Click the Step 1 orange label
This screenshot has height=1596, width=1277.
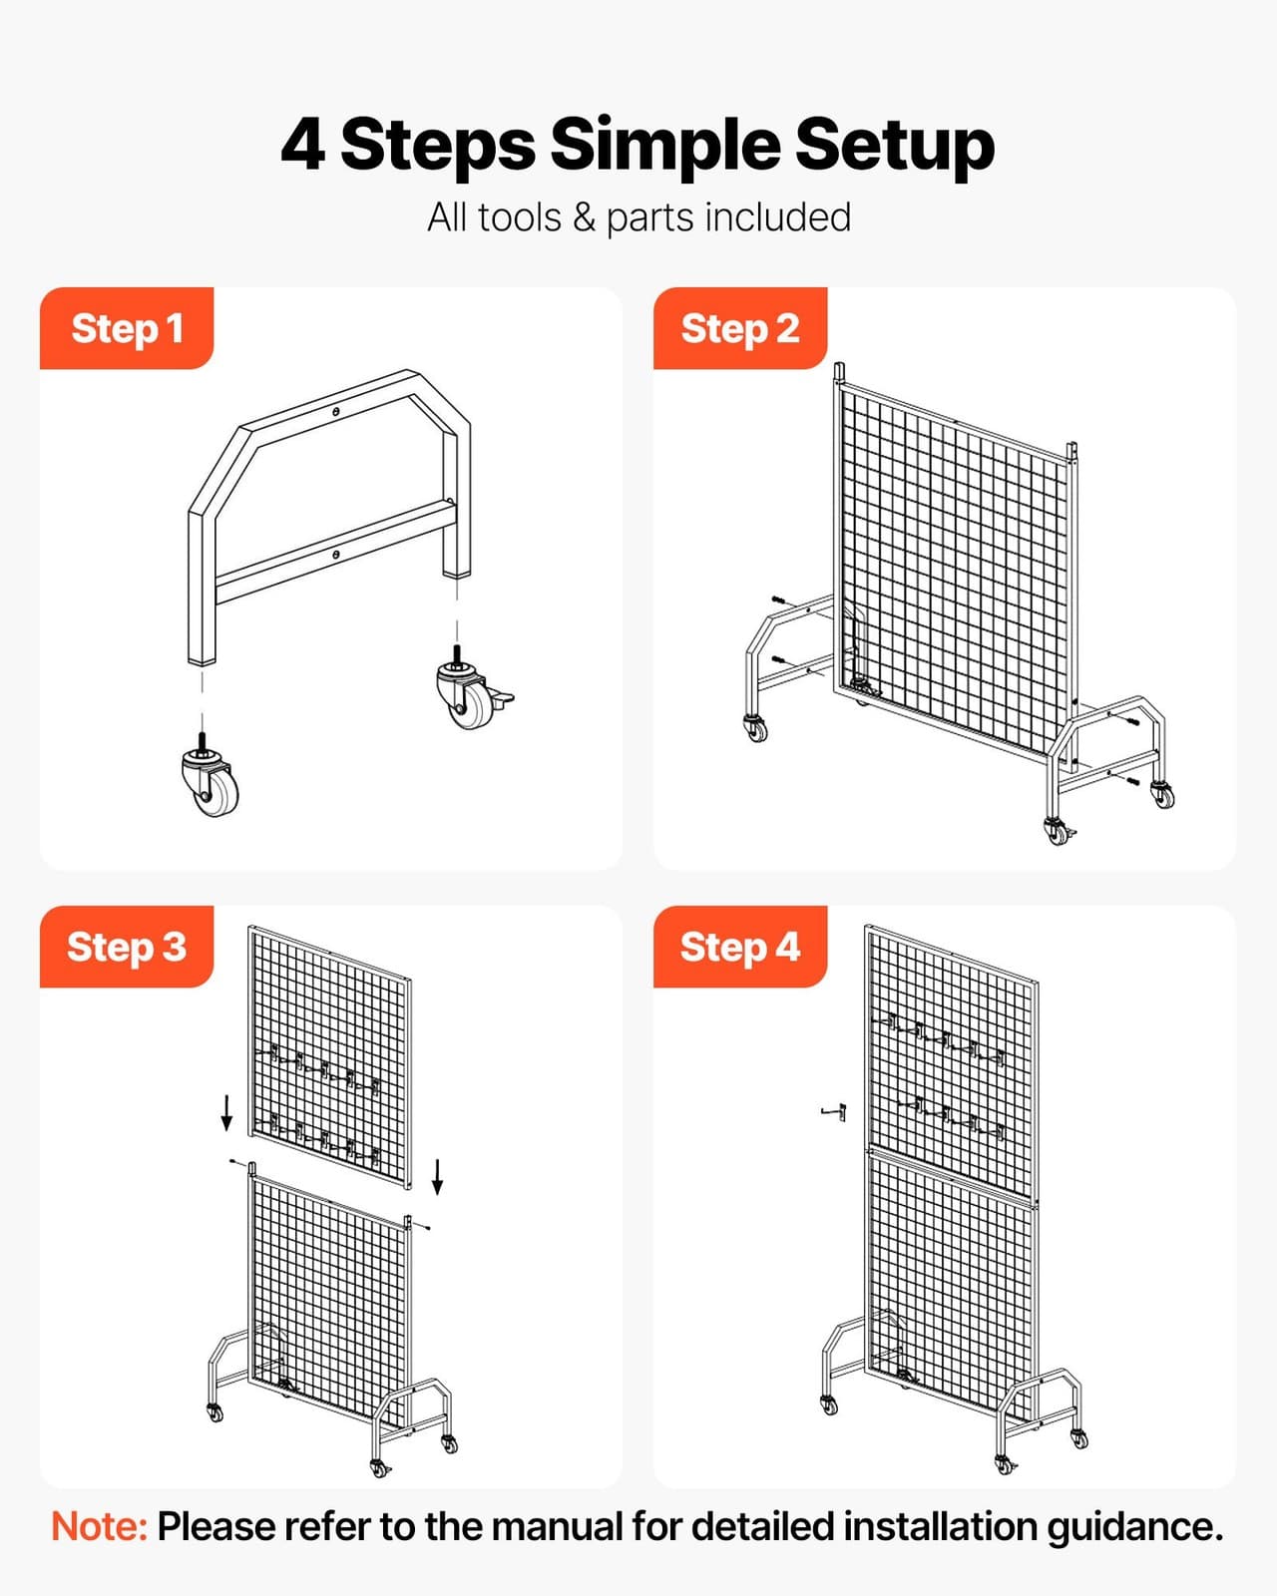point(127,328)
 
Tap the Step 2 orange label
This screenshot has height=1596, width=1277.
point(739,328)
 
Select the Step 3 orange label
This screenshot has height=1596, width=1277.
point(127,947)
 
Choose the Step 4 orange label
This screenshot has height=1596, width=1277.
point(739,947)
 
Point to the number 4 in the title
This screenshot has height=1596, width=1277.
point(302,146)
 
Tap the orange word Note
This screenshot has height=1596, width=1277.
point(99,1526)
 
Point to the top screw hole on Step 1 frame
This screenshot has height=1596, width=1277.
point(336,411)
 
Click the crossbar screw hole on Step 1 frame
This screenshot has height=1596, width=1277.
point(336,555)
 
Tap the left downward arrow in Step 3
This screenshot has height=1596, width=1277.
point(227,1111)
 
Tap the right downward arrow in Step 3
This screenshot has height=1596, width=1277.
point(437,1176)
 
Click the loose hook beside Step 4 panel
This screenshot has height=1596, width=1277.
point(836,1111)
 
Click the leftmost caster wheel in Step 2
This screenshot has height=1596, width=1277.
point(756,729)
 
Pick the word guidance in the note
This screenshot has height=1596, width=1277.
point(1133,1526)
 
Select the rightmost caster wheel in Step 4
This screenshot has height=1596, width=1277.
point(1078,1438)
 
